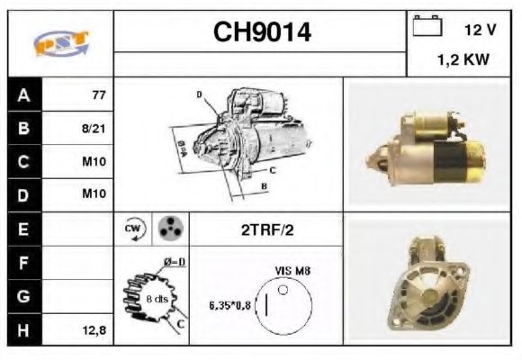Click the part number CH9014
(x=261, y=32)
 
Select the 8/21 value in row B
(x=94, y=127)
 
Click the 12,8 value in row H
(x=94, y=330)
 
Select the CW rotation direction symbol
(x=132, y=229)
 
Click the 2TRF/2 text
(x=265, y=229)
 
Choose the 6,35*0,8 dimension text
(x=229, y=304)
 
